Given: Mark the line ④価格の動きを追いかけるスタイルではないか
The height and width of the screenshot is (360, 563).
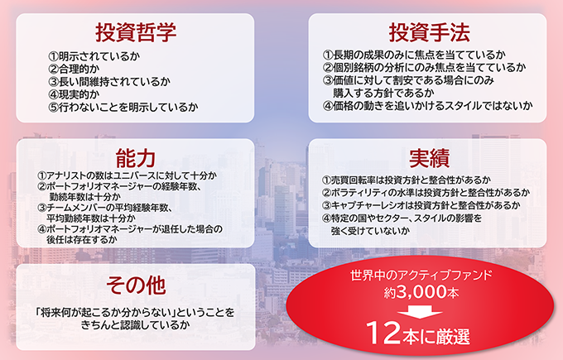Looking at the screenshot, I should (x=427, y=106).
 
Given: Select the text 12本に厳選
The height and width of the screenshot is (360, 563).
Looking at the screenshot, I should (x=422, y=335).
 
